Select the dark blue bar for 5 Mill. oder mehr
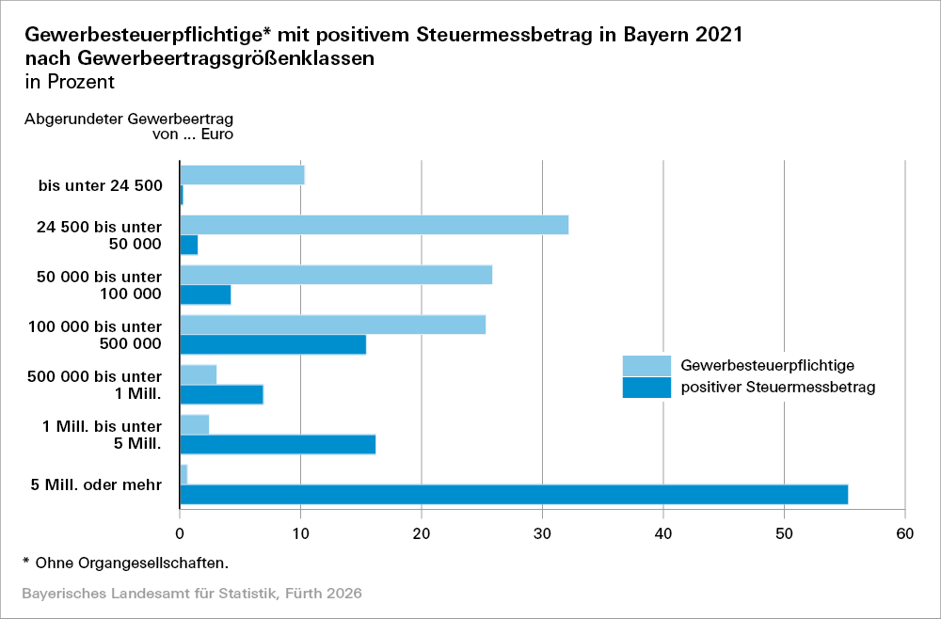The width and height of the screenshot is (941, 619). click(x=514, y=494)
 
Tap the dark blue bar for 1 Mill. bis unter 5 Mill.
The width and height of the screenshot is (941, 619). click(x=278, y=444)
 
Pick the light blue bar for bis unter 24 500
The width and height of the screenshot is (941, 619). click(x=242, y=175)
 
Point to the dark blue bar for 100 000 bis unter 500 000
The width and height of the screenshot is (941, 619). click(x=273, y=344)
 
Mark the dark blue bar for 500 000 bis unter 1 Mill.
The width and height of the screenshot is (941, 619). click(x=221, y=394)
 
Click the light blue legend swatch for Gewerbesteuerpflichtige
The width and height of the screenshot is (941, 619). click(x=646, y=365)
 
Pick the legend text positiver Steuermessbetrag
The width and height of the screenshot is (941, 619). click(x=778, y=387)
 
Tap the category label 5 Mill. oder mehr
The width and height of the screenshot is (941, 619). click(x=97, y=485)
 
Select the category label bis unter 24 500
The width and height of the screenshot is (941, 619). click(x=101, y=185)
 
